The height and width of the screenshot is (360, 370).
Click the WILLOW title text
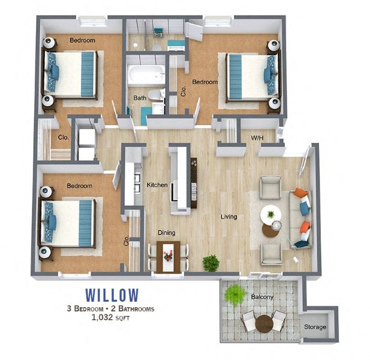click(x=112, y=295)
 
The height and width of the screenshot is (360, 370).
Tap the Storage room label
click(x=315, y=327)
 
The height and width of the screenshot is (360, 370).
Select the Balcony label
click(x=263, y=297)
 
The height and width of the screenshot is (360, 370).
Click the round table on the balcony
click(x=264, y=324)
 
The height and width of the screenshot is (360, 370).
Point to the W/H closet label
click(x=257, y=138)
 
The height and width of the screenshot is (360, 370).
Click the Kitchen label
click(x=157, y=185)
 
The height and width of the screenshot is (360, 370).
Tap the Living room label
click(x=228, y=217)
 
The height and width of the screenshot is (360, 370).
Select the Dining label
click(x=166, y=232)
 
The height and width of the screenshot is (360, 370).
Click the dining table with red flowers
click(x=168, y=256)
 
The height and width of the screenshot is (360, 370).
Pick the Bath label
click(x=140, y=98)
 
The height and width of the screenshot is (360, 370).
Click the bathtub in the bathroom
click(x=146, y=75)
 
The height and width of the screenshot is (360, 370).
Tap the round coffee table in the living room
click(x=270, y=214)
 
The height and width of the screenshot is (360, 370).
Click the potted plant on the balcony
click(x=236, y=294)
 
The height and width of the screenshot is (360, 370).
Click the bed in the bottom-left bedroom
click(x=67, y=223)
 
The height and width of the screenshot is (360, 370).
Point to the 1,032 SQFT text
click(x=110, y=318)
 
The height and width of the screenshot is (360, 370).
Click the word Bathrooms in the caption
click(x=134, y=309)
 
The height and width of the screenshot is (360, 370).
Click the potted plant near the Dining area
click(x=210, y=262)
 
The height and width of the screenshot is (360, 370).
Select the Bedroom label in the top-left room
click(x=82, y=40)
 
